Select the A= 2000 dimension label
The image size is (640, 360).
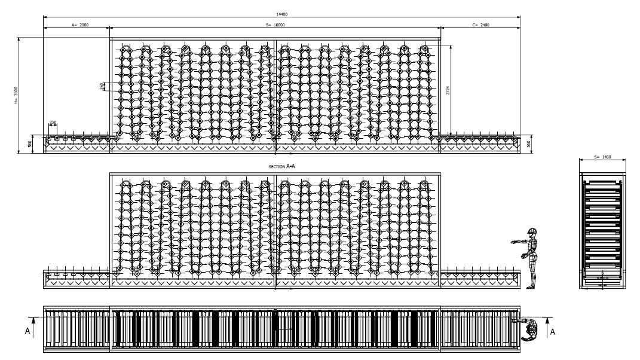click(79, 25)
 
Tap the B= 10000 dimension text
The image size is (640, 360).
click(275, 25)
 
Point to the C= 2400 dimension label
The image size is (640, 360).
click(480, 25)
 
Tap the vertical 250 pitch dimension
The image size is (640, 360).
click(101, 86)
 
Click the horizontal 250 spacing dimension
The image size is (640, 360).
click(53, 123)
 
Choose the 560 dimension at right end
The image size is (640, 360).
click(528, 144)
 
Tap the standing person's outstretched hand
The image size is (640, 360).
click(513, 241)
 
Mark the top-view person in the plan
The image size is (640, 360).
click(528, 328)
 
